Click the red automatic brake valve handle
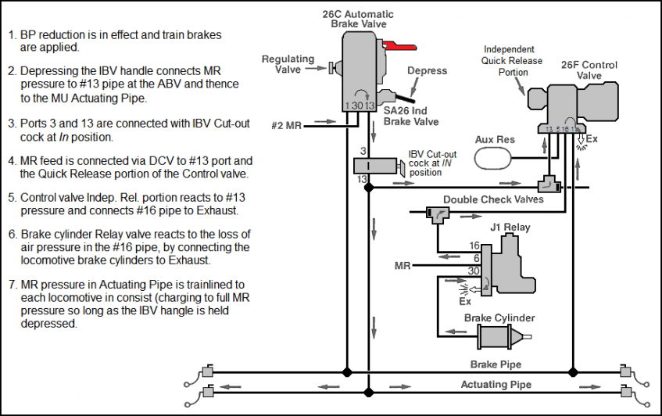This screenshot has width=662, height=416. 399,47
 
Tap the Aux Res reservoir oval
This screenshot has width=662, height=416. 492,159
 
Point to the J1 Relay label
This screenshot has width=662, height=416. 510,228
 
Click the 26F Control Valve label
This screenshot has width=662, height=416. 589,70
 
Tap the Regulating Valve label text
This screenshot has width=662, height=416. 288,64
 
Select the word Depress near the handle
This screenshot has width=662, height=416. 427,70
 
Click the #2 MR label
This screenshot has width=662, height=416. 286,125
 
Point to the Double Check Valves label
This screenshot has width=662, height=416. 493,199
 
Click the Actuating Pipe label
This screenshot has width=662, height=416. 496,384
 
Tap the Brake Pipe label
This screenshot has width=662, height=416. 496,364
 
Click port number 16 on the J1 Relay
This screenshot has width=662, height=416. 474,246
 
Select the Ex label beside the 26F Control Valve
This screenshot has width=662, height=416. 592,139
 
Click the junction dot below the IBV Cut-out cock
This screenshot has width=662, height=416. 369,188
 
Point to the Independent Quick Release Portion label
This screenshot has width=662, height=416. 512,61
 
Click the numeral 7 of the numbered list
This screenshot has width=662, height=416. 12,285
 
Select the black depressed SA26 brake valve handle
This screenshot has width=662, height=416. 404,99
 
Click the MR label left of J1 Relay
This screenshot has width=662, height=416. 403,266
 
